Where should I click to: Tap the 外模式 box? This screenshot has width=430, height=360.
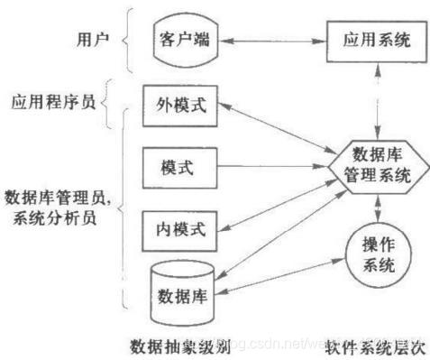tap(175, 105)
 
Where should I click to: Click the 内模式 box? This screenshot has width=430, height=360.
tap(175, 227)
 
